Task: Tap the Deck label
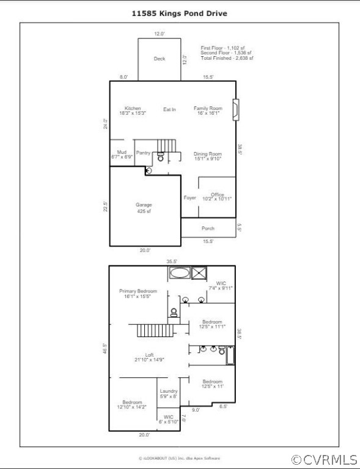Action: tap(160, 59)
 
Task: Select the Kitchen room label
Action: tap(133, 111)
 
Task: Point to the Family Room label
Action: tap(208, 111)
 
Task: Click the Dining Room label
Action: tap(208, 156)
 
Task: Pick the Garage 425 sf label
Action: tap(144, 208)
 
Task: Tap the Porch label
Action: tap(208, 228)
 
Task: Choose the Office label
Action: tap(218, 197)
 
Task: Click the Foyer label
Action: tap(190, 198)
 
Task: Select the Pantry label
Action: tap(144, 153)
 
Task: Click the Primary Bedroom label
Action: tap(138, 294)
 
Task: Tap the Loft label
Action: tap(149, 357)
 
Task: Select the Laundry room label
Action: tap(169, 394)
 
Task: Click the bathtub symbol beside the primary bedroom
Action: tap(179, 273)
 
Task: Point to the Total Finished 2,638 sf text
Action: tap(227, 58)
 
